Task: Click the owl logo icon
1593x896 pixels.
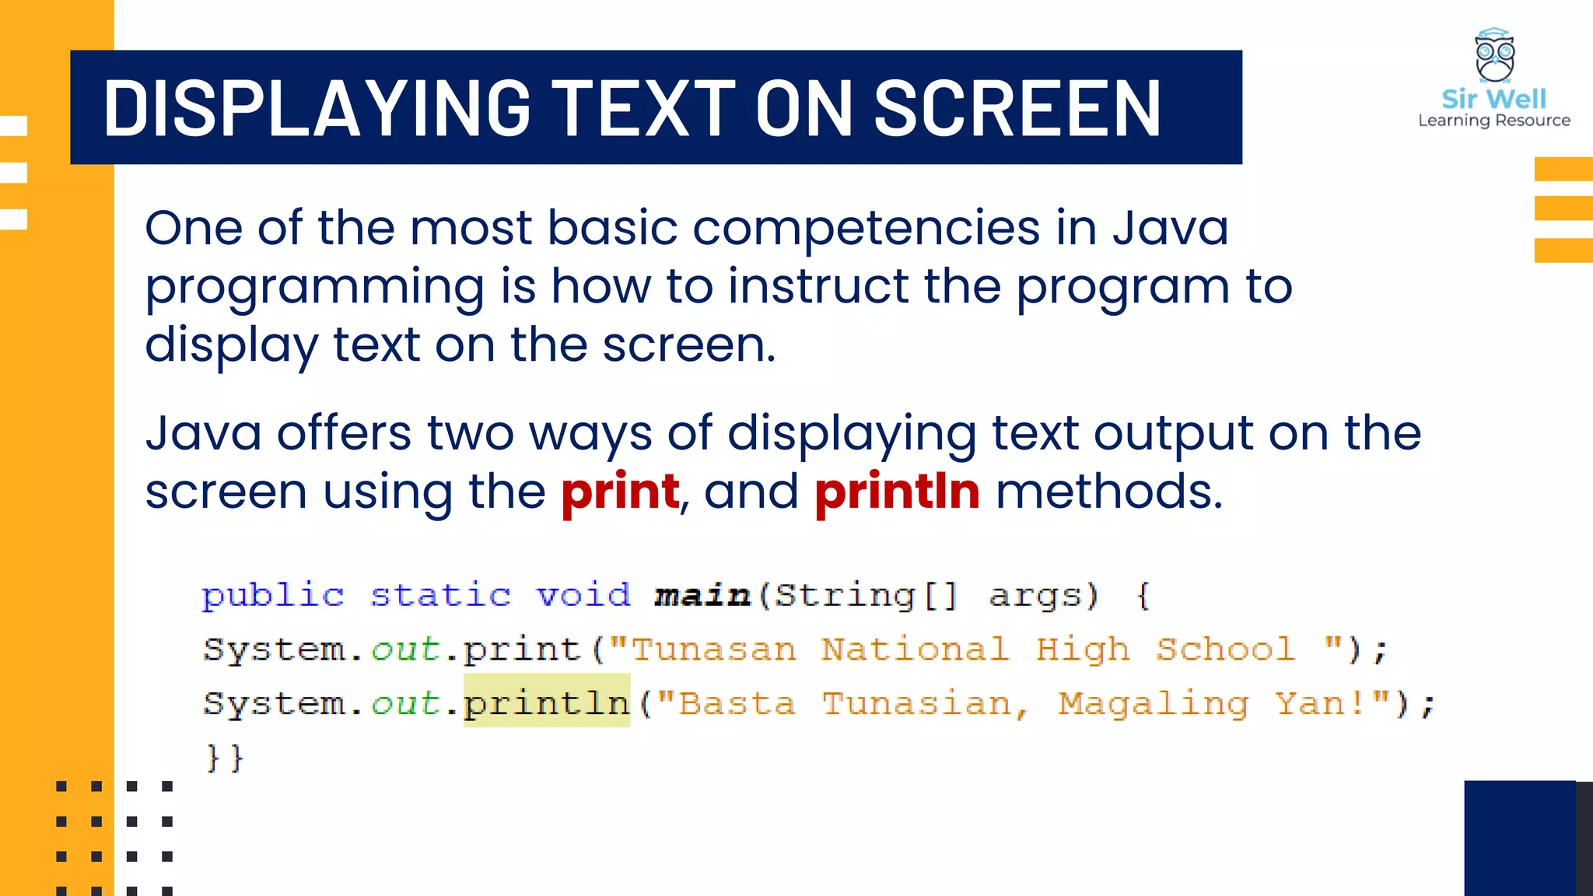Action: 1494,56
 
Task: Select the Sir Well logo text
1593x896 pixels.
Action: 1493,99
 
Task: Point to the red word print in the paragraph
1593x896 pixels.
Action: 620,492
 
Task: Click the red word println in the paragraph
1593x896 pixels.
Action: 897,492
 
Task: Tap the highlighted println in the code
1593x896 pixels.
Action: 546,703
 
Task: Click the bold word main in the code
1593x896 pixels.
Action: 702,596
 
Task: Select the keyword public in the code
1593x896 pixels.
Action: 272,596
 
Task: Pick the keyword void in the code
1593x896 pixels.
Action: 583,596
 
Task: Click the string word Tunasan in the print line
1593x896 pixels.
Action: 713,649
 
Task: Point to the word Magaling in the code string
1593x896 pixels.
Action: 1154,703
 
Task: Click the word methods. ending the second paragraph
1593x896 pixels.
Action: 1109,492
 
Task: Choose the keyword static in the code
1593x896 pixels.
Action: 440,596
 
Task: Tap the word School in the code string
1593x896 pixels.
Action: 1226,649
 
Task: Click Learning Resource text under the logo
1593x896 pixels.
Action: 1493,121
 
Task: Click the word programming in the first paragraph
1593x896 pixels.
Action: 315,287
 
